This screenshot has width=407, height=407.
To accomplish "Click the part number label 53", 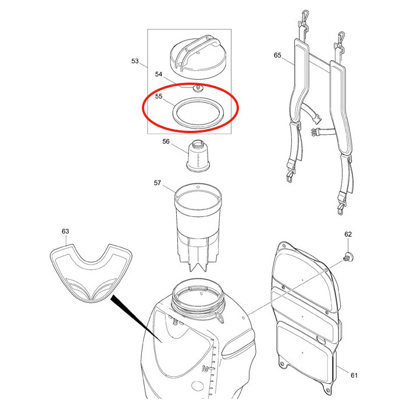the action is pyautogui.click(x=135, y=61).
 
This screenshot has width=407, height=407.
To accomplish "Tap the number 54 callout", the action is pyautogui.click(x=159, y=74).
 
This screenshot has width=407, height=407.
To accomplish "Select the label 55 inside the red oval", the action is pyautogui.click(x=159, y=97).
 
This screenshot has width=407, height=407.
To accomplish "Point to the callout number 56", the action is pyautogui.click(x=166, y=141).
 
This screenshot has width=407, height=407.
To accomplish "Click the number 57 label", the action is pyautogui.click(x=158, y=183).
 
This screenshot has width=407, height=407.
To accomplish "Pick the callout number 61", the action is pyautogui.click(x=354, y=376).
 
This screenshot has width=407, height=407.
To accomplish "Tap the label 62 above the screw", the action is pyautogui.click(x=348, y=234).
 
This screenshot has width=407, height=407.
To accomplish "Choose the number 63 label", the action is pyautogui.click(x=65, y=231).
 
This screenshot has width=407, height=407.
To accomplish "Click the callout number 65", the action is pyautogui.click(x=277, y=55).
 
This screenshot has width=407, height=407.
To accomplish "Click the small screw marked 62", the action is pyautogui.click(x=349, y=258).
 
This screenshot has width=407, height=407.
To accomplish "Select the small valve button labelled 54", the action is pyautogui.click(x=199, y=88).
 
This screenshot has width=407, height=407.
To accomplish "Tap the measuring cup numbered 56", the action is pyautogui.click(x=198, y=156).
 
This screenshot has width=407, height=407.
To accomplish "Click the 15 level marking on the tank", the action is pyautogui.click(x=174, y=323).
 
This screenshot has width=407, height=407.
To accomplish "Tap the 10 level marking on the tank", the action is pyautogui.click(x=205, y=369).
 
